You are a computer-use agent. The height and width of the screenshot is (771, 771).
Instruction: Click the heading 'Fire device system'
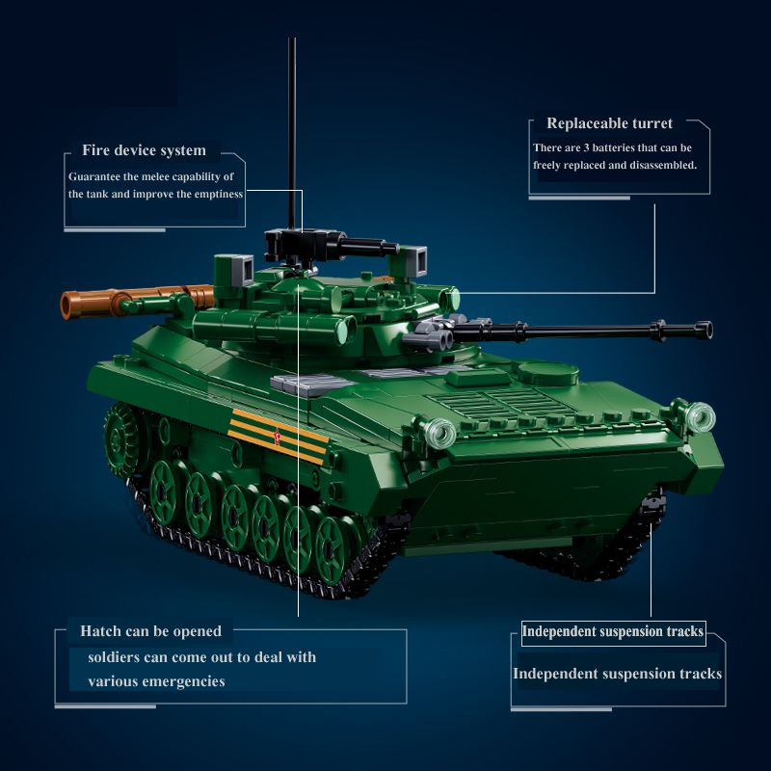coord(144,150)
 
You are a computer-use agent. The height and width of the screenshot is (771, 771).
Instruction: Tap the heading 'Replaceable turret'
coord(610,123)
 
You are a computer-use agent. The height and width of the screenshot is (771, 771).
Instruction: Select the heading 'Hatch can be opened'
coord(151,631)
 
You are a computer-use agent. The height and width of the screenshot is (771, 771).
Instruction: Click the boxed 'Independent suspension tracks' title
coord(613,632)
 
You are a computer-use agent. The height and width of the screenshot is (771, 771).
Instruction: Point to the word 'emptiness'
coord(219,195)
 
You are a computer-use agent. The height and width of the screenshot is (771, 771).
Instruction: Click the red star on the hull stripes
coord(278,437)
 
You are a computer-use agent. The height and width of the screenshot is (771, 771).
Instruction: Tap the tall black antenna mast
coord(292,133)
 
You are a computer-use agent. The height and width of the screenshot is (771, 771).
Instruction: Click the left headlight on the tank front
coord(439,434)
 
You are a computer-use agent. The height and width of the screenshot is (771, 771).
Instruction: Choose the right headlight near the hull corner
coord(701,417)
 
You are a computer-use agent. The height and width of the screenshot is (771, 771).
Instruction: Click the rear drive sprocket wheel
coord(120,439)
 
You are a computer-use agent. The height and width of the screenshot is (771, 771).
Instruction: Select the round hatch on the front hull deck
coord(548,373)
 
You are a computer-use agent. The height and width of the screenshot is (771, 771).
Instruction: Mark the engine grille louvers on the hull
coord(501,404)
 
